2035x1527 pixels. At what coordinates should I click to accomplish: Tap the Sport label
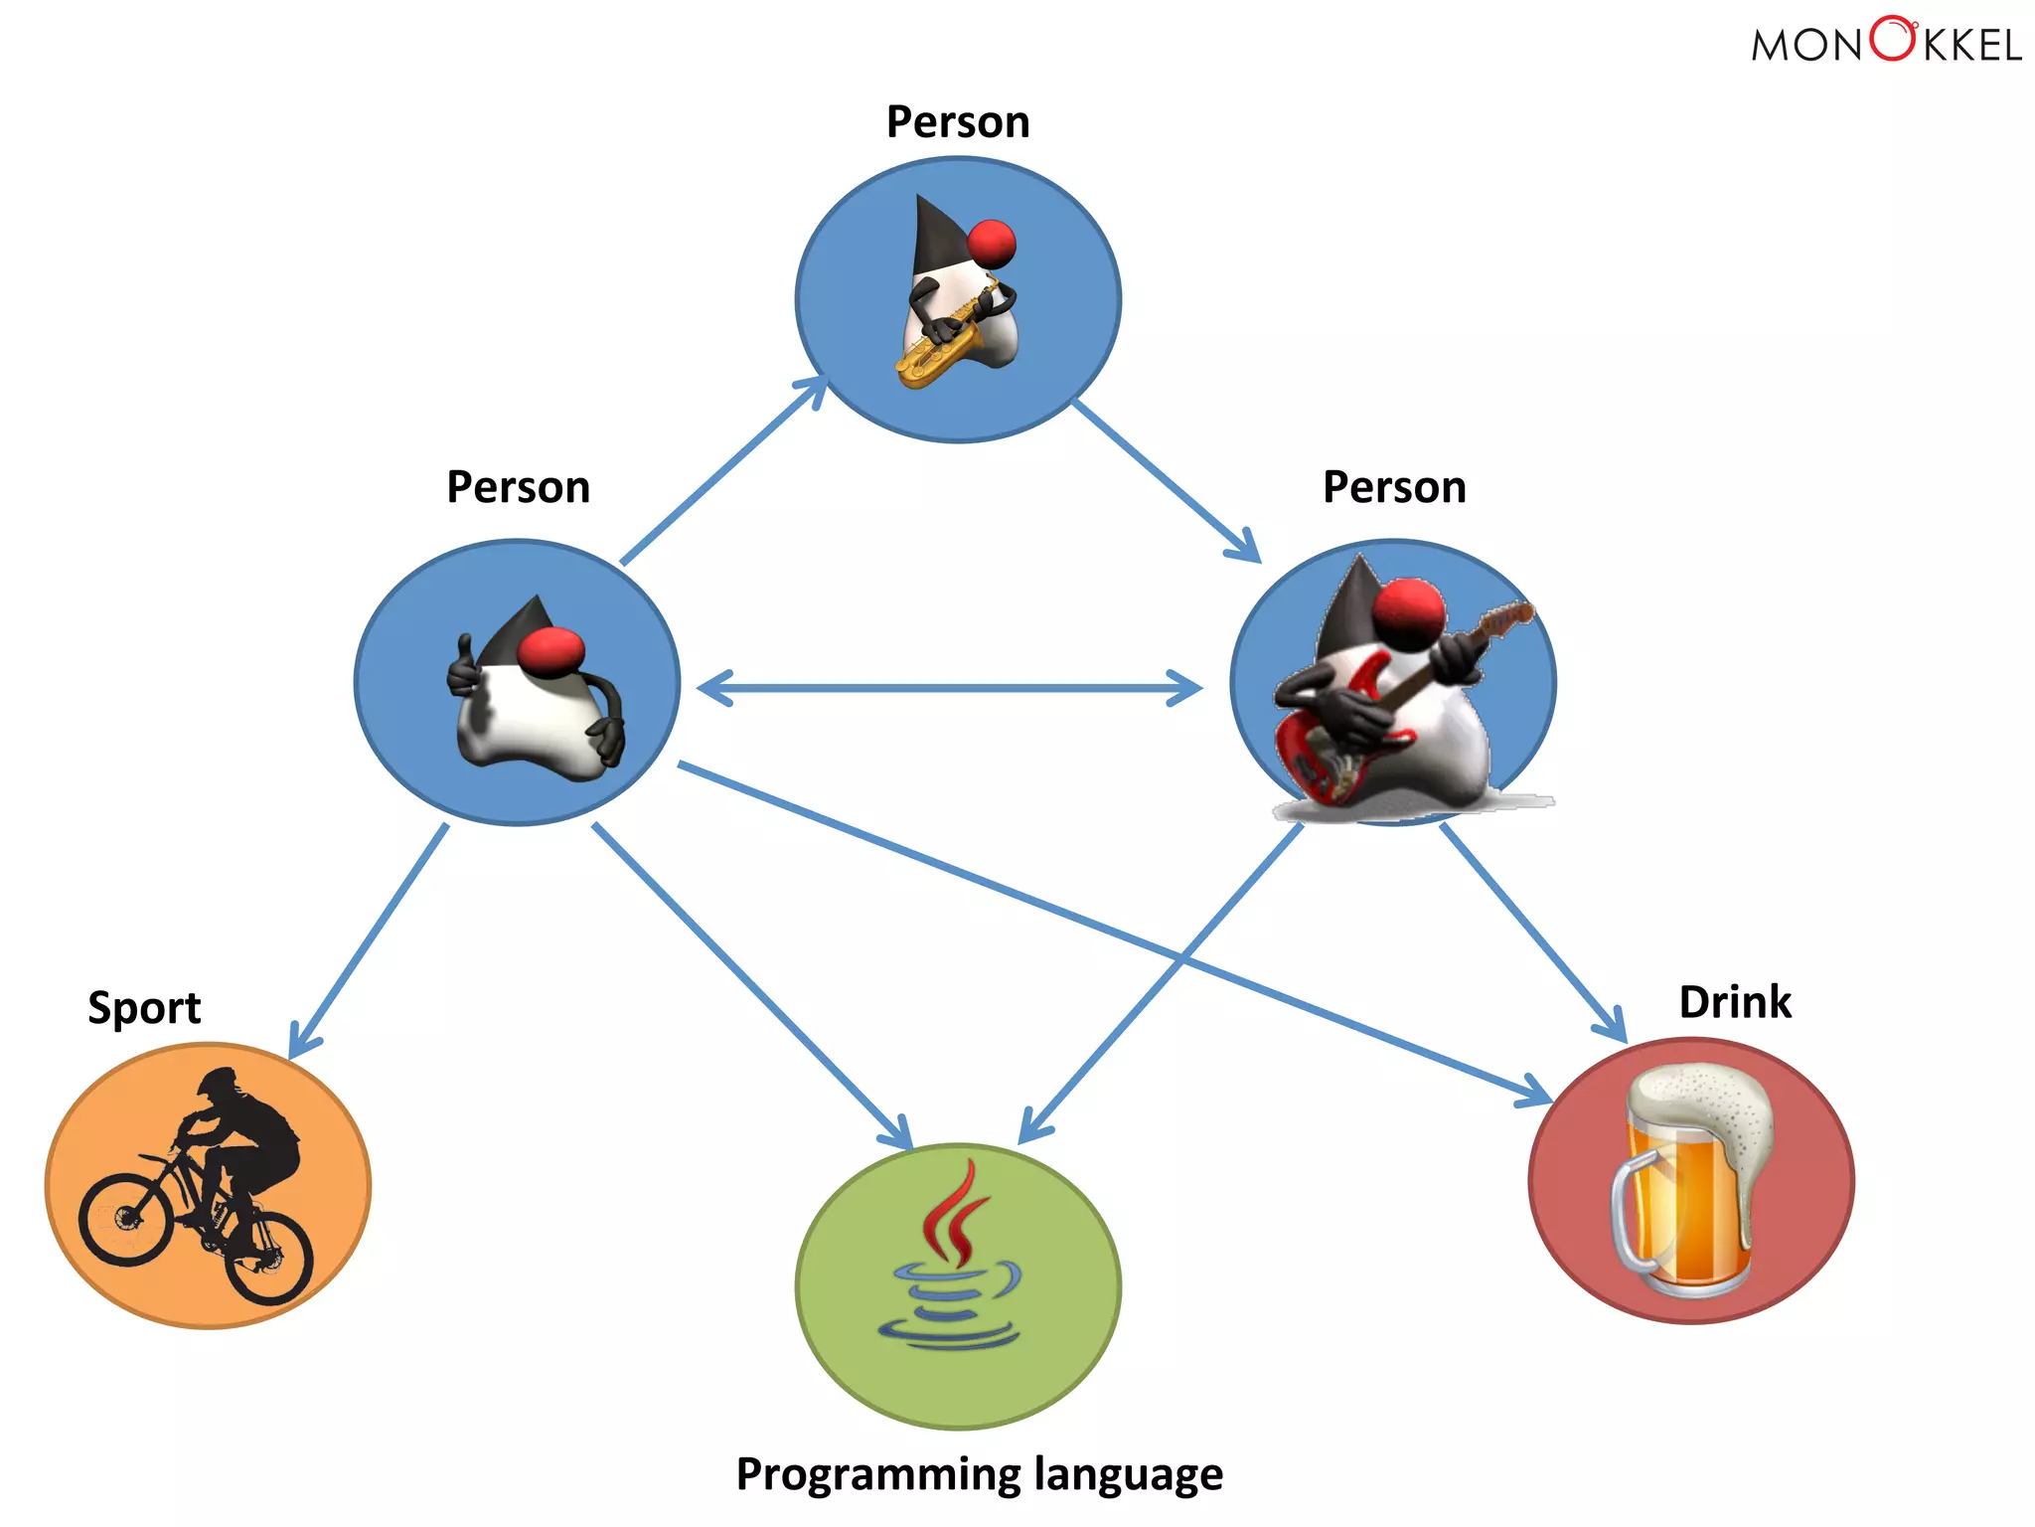[x=144, y=1008]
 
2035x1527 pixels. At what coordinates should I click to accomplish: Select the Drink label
[x=1735, y=1002]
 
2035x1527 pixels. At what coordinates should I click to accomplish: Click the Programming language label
[x=979, y=1474]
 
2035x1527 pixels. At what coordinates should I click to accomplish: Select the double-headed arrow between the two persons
[x=949, y=688]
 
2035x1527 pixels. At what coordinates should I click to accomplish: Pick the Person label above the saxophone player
[x=958, y=122]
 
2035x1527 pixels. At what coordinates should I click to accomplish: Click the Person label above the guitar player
[x=1394, y=487]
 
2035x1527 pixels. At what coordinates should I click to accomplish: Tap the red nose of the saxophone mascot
[x=991, y=244]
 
